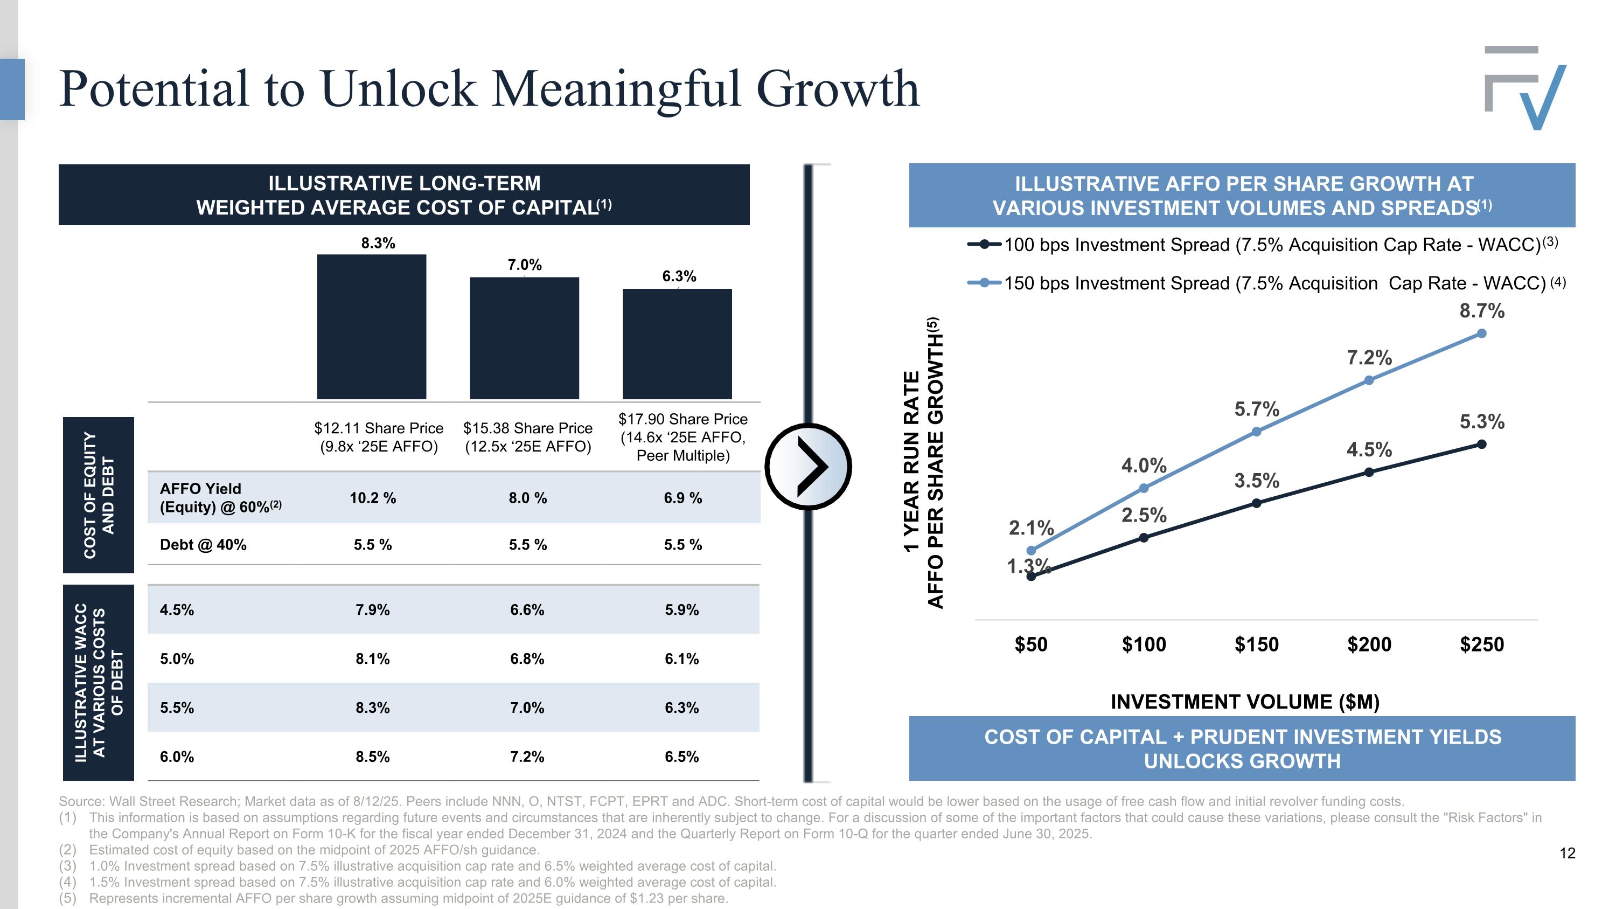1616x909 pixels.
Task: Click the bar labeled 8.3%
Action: click(x=371, y=326)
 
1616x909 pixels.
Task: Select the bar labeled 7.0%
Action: click(x=525, y=337)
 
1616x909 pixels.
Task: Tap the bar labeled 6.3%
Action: click(x=677, y=343)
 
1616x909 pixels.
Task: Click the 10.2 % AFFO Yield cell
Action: click(x=373, y=498)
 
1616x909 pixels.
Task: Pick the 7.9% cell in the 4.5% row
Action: click(x=373, y=610)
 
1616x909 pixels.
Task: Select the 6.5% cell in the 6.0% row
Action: click(x=682, y=757)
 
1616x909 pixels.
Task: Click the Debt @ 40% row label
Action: click(x=203, y=545)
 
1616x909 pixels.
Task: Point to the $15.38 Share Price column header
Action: click(x=527, y=437)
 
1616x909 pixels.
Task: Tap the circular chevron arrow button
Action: click(x=808, y=466)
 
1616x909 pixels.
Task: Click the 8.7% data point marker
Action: click(x=1482, y=334)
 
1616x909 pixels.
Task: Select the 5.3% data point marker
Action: click(x=1482, y=444)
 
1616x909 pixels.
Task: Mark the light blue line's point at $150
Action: click(x=1257, y=432)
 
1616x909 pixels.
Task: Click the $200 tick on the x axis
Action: click(x=1369, y=644)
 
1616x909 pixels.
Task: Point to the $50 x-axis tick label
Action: click(x=1032, y=644)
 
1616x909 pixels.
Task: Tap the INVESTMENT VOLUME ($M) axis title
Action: click(x=1245, y=702)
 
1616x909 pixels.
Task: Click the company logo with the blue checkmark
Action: click(x=1526, y=88)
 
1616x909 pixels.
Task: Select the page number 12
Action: click(x=1567, y=853)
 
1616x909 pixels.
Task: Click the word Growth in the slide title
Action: click(x=838, y=88)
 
